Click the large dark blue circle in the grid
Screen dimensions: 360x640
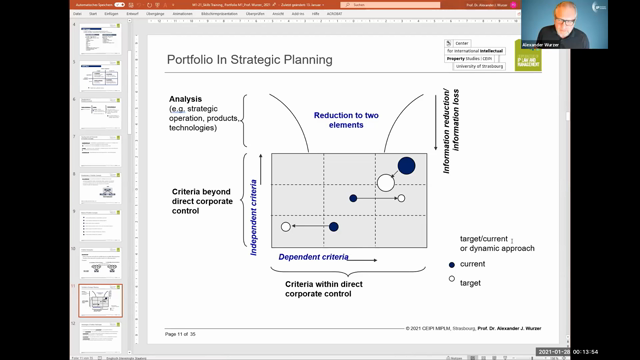point(406,166)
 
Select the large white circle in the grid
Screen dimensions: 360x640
point(386,183)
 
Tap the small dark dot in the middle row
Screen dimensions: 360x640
point(353,198)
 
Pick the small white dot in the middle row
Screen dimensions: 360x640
point(401,198)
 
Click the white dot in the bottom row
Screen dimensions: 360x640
point(286,227)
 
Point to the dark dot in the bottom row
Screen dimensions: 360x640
point(334,227)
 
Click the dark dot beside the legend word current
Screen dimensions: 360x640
point(452,264)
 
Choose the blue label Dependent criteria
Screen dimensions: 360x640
point(313,257)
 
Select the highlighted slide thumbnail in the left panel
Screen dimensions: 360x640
point(100,301)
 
